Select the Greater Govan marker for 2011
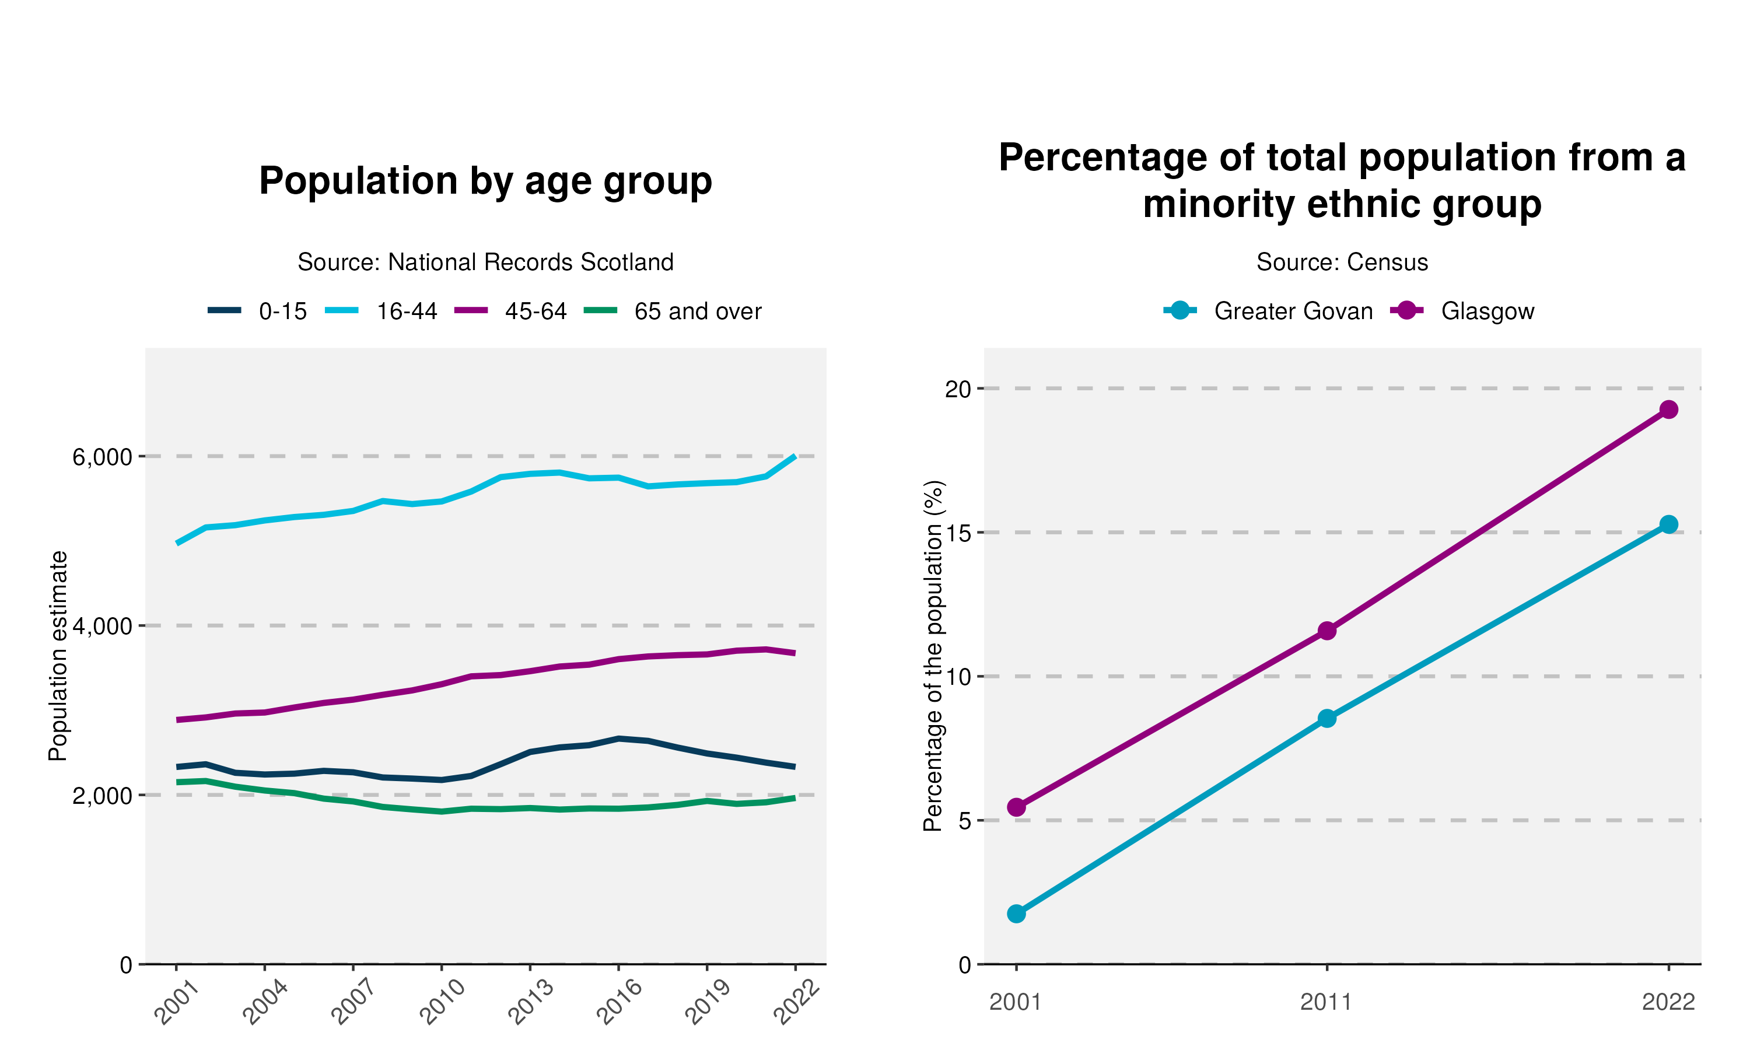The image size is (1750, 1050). (x=1327, y=719)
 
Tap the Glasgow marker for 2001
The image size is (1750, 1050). (x=1017, y=807)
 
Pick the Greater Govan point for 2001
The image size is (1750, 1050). (x=1017, y=914)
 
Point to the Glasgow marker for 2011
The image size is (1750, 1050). (x=1327, y=631)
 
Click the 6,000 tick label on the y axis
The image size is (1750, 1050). (x=103, y=457)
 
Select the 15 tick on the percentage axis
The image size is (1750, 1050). (x=958, y=533)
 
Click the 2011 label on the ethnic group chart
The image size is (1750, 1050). (x=1326, y=1003)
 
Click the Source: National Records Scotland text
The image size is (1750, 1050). (x=485, y=262)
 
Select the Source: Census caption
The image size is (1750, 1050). (x=1342, y=262)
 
